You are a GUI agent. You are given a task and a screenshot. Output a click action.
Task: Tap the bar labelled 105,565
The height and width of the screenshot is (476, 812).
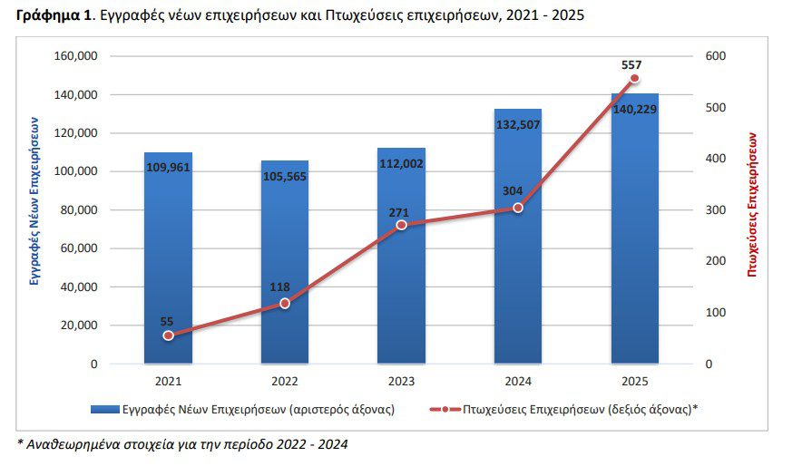click(x=284, y=263)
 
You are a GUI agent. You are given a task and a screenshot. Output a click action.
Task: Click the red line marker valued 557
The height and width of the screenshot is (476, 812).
click(x=634, y=78)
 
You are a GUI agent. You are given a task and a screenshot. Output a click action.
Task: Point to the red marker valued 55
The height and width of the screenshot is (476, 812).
click(x=168, y=335)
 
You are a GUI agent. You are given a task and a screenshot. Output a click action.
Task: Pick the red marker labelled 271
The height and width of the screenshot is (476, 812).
click(x=401, y=225)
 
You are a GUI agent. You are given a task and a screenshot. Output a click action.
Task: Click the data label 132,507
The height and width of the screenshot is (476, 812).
click(x=518, y=125)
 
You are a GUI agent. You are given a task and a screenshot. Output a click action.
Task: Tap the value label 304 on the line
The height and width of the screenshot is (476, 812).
click(x=513, y=190)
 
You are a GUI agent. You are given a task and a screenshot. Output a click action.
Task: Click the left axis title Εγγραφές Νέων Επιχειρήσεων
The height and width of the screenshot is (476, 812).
click(x=34, y=201)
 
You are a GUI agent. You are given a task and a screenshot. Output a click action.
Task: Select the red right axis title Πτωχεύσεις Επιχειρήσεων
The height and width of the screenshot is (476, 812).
click(x=752, y=204)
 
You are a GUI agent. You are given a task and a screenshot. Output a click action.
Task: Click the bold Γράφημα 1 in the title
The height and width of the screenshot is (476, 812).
click(x=56, y=15)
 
